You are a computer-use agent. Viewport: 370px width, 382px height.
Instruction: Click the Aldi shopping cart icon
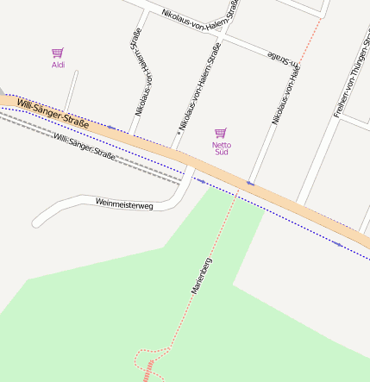click(x=58, y=53)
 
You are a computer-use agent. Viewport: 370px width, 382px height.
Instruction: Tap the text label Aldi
click(x=58, y=65)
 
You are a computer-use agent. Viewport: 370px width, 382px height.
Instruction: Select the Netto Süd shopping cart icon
click(x=221, y=133)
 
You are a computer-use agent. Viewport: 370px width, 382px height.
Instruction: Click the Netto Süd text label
click(x=221, y=150)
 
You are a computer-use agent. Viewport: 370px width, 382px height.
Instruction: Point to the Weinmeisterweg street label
click(x=124, y=204)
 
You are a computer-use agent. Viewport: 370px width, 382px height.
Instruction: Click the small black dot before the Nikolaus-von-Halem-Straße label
click(x=179, y=133)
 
